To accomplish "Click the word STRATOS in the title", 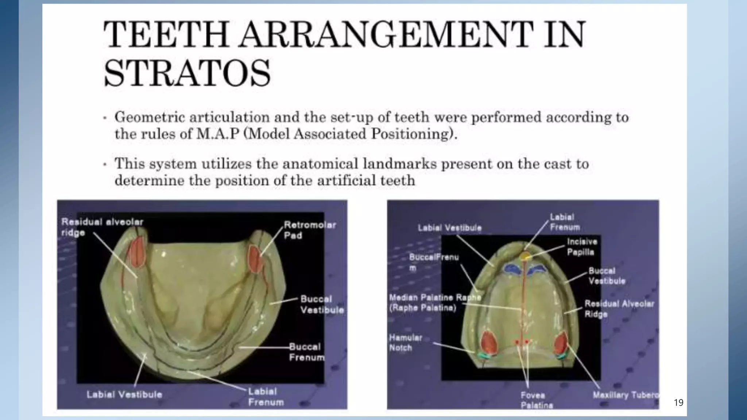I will [187, 73].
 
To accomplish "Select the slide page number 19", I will [678, 402].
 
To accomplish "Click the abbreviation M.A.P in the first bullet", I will [218, 134].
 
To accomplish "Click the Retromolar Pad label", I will [310, 230].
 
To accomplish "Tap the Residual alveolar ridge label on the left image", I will [102, 227].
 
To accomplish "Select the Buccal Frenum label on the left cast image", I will [306, 352].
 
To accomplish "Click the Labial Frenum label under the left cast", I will [266, 397].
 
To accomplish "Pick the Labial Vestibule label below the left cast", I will [124, 394].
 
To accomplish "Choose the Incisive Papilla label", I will [582, 247].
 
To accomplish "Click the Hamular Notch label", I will [405, 343].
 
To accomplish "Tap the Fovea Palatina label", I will [536, 400].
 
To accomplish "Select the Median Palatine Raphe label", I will [434, 303].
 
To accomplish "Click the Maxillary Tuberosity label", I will [625, 395].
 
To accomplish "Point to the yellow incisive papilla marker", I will [526, 256].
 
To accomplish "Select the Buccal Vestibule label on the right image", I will [607, 276].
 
